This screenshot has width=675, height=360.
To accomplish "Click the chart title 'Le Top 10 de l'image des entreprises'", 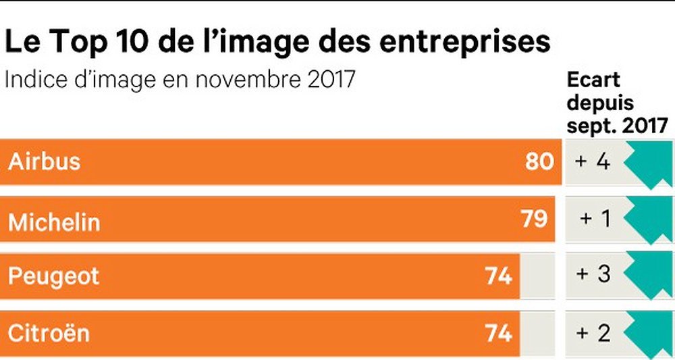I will (x=277, y=42).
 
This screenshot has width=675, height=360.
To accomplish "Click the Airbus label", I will (x=45, y=162).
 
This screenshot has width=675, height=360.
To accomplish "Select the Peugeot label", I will (x=54, y=276).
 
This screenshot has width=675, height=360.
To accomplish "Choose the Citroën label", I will (x=49, y=333).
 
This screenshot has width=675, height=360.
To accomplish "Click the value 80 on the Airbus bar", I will (x=539, y=162).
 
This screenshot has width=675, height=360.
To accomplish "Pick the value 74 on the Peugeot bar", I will (x=498, y=276).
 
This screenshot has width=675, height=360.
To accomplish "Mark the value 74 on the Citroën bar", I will (x=498, y=333).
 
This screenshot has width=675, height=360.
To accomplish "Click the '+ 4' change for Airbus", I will (x=592, y=162).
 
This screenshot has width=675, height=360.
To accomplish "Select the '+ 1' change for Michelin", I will (x=595, y=220).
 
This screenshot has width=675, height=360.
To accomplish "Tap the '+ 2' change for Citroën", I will (x=592, y=333).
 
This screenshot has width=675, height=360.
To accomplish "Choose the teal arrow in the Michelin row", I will (x=650, y=220).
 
